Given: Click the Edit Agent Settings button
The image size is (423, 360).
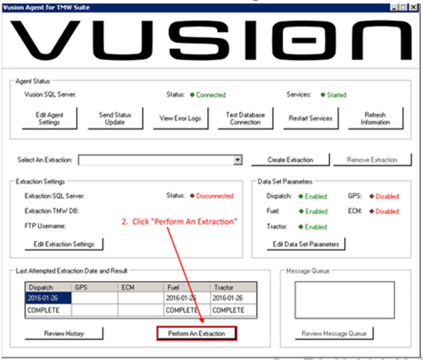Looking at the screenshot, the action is (x=50, y=118).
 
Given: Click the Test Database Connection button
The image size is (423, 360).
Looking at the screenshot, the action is (x=245, y=118).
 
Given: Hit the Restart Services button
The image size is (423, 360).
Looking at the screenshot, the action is (x=310, y=118).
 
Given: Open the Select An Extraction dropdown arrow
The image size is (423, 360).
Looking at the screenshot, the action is (x=237, y=160).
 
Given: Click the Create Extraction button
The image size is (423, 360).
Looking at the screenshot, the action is (x=290, y=160).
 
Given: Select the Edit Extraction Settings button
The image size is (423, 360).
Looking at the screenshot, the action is (x=64, y=244).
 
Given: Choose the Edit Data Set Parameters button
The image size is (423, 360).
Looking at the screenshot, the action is (x=306, y=244).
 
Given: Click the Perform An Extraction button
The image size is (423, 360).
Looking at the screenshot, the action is (x=197, y=333).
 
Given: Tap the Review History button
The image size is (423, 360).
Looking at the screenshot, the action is (x=64, y=333).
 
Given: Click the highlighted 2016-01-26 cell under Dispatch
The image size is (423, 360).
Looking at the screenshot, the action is (x=48, y=298).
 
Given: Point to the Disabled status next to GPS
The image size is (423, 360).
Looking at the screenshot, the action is (x=387, y=197).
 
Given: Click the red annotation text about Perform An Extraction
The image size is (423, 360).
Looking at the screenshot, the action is (x=179, y=221).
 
